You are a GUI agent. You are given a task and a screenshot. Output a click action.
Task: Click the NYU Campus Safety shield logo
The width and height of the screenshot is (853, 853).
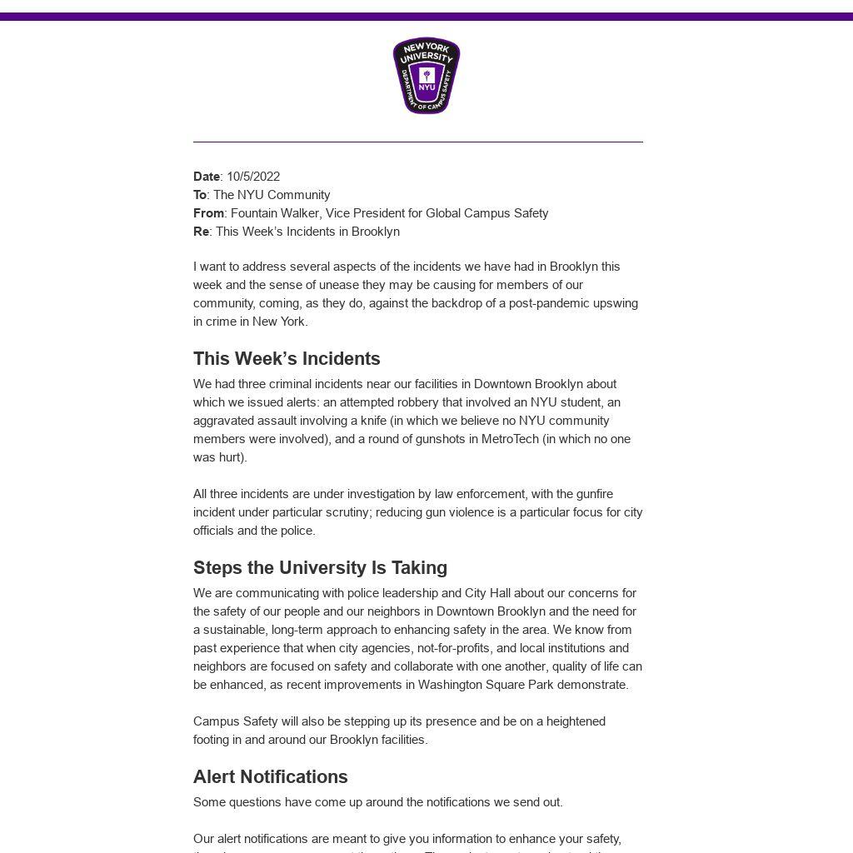point(426,76)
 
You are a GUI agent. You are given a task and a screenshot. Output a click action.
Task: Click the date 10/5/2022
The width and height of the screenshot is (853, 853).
point(253,177)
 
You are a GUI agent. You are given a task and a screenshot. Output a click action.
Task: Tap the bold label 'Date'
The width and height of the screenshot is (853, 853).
point(207,177)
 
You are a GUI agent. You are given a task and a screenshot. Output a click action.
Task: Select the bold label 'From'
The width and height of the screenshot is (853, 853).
point(208,213)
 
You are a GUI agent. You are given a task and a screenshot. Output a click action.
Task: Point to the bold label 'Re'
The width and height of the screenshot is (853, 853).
point(201,232)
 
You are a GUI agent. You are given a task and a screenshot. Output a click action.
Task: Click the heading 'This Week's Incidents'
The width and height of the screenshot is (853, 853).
point(287,359)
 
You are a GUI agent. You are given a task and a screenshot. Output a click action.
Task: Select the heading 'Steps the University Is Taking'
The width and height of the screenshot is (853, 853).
point(320,568)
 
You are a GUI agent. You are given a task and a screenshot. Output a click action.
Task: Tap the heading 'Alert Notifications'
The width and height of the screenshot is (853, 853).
point(271,777)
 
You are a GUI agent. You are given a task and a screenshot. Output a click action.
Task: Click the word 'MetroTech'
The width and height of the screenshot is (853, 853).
point(510,439)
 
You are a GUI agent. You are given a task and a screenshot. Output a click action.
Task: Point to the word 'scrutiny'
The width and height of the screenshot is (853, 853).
point(346,512)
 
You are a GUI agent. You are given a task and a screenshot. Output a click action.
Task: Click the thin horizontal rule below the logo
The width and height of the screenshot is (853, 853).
point(418,142)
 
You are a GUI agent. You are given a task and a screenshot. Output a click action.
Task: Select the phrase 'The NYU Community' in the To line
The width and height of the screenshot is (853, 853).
point(272,195)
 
